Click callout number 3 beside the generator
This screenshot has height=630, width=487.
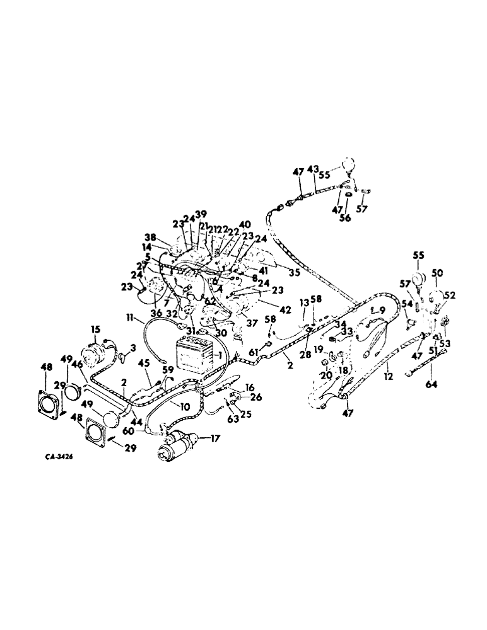(133, 348)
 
